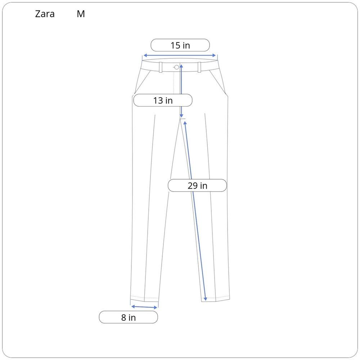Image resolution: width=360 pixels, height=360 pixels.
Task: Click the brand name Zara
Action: point(45,14)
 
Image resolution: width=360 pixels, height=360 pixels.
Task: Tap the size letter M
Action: point(81,14)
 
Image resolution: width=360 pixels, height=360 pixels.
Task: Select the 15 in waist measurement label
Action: point(180,45)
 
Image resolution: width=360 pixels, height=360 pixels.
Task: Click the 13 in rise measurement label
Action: point(163,100)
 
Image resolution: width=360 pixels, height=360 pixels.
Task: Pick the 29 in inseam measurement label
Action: point(197,185)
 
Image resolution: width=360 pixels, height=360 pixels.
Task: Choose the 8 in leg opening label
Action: point(129,317)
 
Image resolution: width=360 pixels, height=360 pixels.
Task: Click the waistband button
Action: point(176,67)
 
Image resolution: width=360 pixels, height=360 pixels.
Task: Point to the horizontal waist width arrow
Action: point(180,55)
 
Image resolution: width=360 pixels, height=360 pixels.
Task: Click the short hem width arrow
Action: point(144,307)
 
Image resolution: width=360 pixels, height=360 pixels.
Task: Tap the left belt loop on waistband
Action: point(161,67)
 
